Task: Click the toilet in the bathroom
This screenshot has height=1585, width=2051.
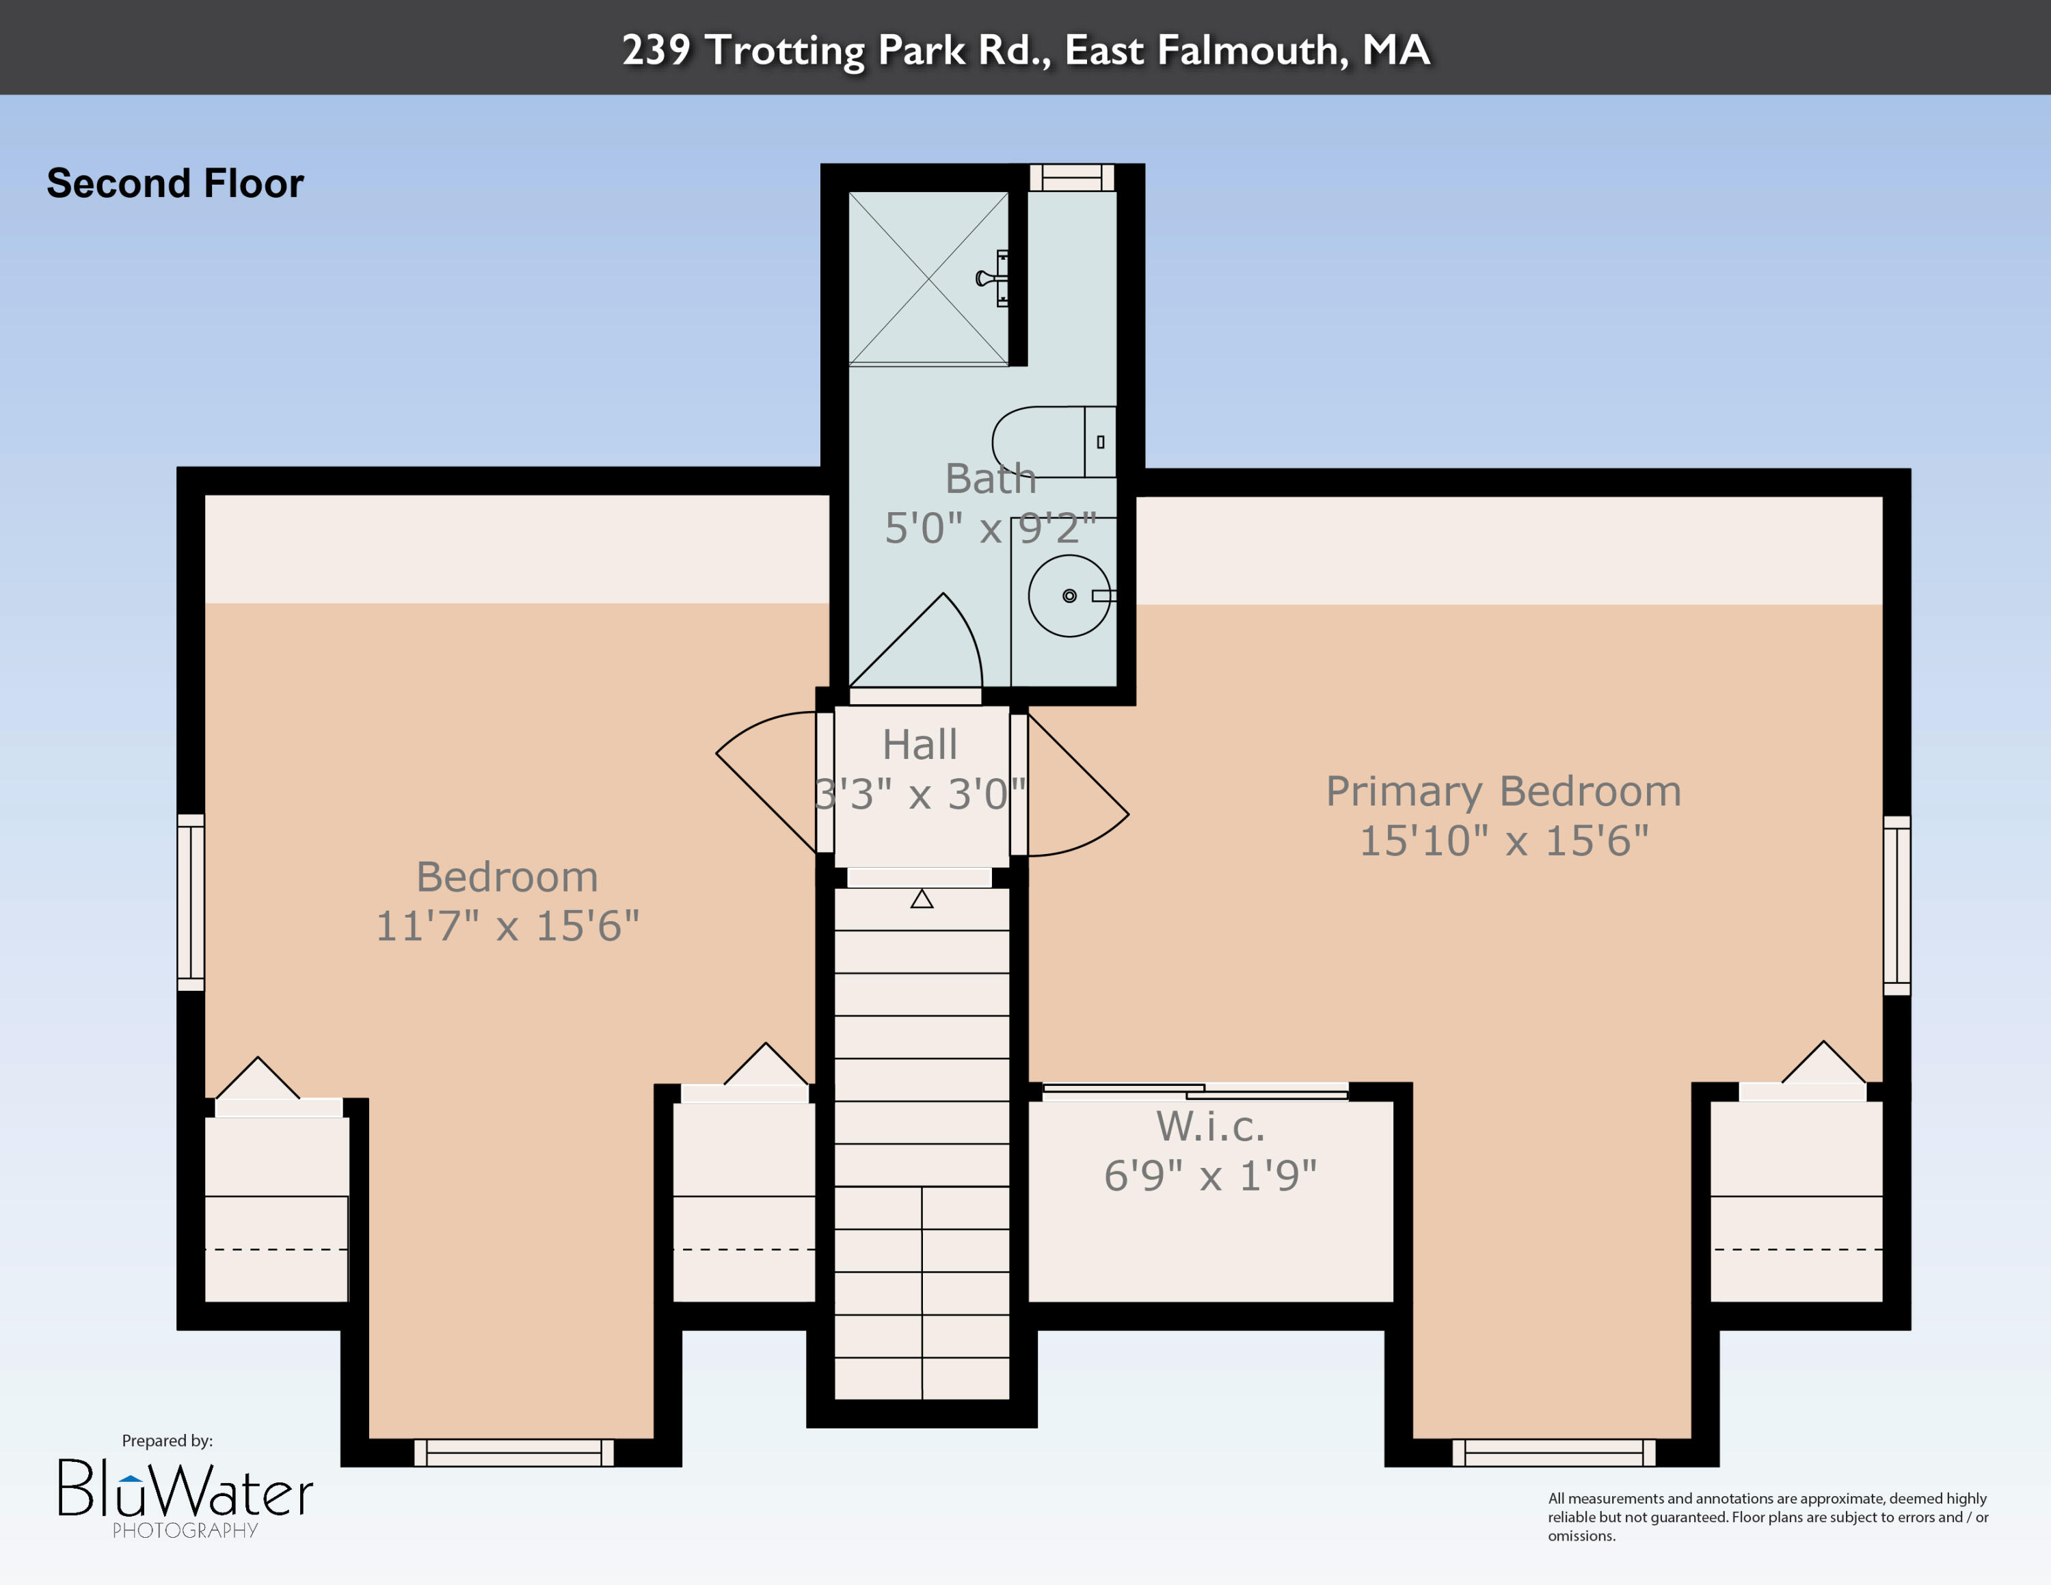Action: (1054, 441)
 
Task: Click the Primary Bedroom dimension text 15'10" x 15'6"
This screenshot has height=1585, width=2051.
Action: (1503, 840)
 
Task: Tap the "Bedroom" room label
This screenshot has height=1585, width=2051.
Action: (507, 877)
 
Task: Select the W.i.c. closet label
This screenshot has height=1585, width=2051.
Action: (1211, 1126)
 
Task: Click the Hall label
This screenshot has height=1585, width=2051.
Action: (920, 745)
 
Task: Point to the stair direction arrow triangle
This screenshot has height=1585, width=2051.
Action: (922, 898)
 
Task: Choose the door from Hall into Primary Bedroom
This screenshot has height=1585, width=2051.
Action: (1076, 785)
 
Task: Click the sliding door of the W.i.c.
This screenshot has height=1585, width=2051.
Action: (1196, 1091)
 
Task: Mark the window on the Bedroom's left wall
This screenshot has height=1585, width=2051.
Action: (191, 903)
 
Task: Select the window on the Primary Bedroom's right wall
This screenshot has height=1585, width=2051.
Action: (1897, 905)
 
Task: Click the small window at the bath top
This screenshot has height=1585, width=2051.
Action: (1071, 178)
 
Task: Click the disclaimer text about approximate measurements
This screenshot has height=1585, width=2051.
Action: (1769, 1517)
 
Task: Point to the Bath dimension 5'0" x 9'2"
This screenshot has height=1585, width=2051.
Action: (991, 528)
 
